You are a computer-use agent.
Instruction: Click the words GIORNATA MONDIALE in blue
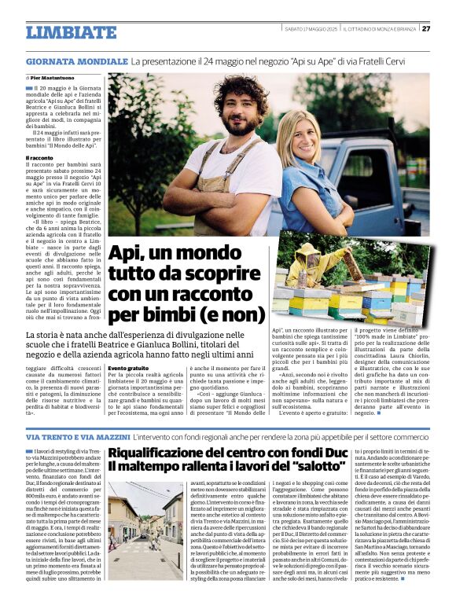point(76,61)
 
